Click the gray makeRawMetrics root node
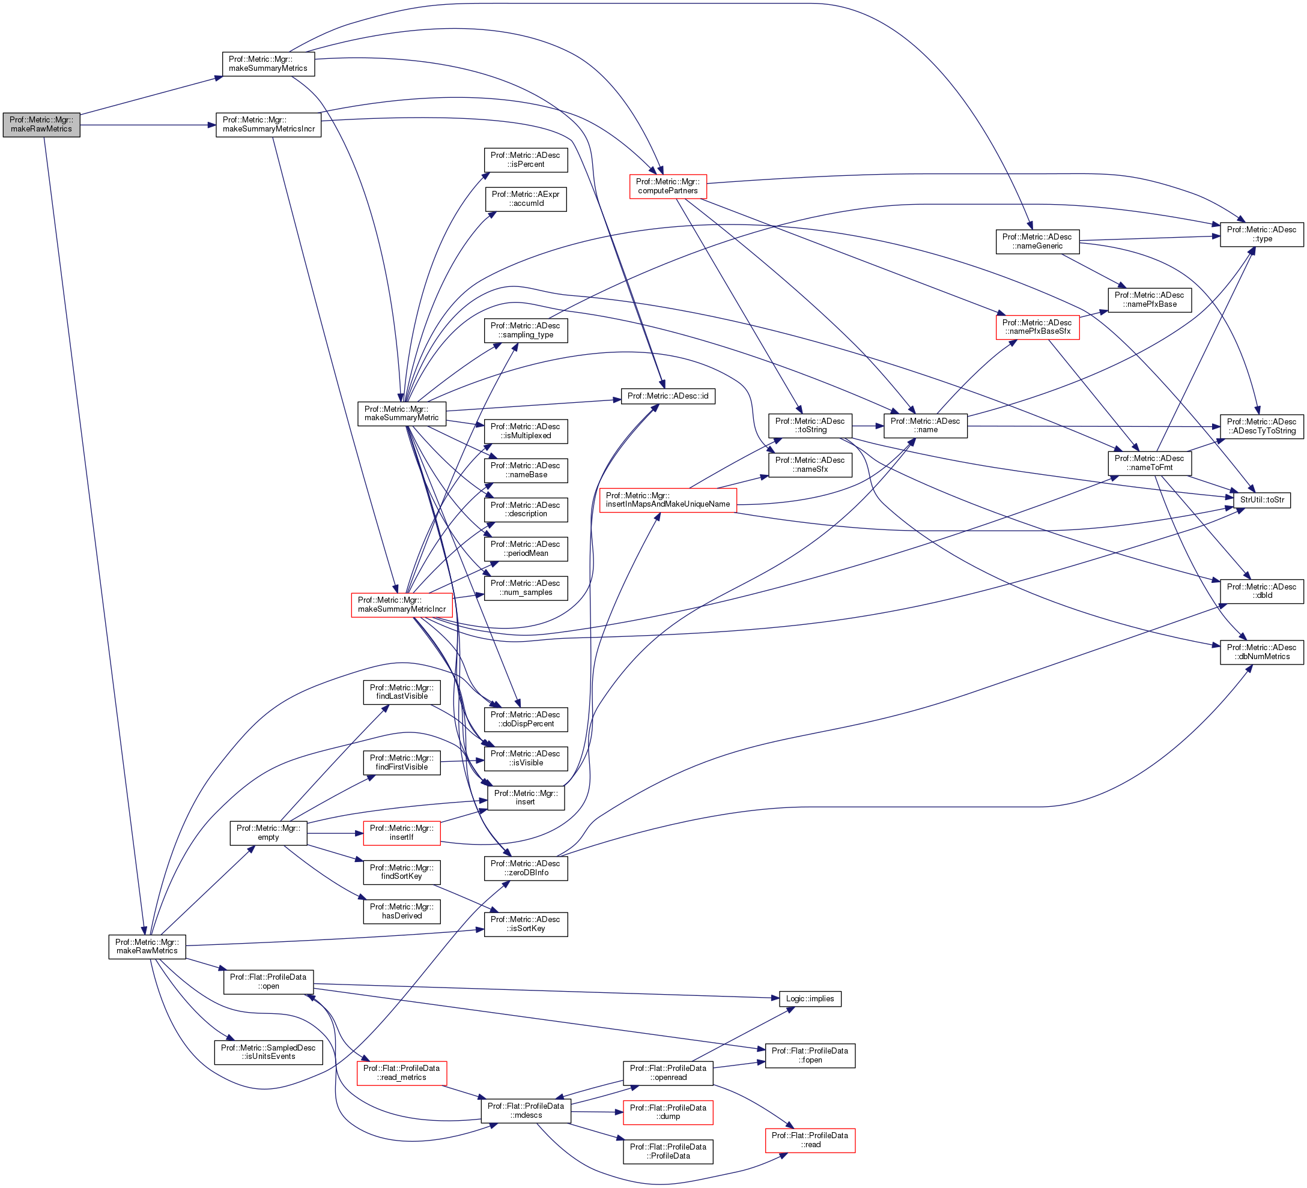pos(41,124)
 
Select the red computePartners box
pos(668,187)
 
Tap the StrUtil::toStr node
pos(1261,499)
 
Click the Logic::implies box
pos(810,999)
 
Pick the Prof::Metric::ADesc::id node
pos(668,396)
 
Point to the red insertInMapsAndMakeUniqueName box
pos(668,499)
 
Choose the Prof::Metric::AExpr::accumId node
pos(526,199)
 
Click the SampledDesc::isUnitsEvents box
pos(268,1052)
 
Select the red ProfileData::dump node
pos(668,1112)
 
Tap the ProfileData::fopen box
pos(810,1055)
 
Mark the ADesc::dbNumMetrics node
pos(1261,652)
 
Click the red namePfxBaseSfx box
pos(1037,327)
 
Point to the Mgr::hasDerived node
pos(401,911)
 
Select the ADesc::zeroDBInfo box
pos(526,869)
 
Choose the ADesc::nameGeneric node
pos(1037,242)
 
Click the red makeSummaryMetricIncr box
pos(402,605)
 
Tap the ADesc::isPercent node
pos(526,160)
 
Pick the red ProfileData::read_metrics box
pos(401,1073)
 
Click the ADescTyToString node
pos(1261,426)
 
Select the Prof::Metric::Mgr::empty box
pos(268,833)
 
